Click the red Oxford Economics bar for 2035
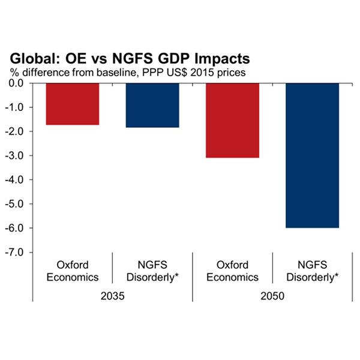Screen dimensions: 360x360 (73, 104)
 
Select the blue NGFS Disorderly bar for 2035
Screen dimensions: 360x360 (152, 105)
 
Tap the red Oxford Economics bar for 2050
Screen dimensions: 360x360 (233, 120)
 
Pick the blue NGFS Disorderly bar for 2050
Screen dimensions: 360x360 (313, 155)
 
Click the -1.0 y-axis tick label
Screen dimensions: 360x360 (22, 107)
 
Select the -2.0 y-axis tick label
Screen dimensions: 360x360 (22, 131)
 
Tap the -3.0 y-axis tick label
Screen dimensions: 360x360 (22, 156)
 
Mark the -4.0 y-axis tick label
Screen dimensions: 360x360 (22, 180)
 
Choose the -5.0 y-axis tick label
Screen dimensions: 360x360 (22, 204)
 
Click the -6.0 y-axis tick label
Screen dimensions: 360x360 (22, 228)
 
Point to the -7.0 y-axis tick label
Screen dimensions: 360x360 (22, 252)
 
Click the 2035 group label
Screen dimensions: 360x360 (112, 295)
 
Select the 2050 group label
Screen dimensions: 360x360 (272, 295)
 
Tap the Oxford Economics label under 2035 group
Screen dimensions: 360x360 (73, 271)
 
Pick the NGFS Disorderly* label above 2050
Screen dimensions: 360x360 (313, 271)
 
